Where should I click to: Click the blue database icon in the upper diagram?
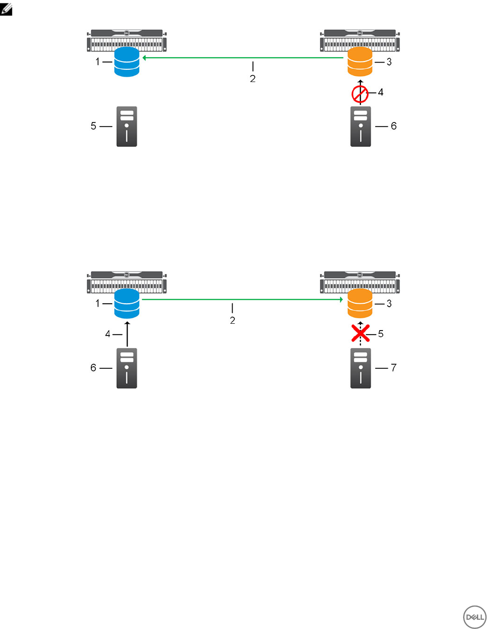(x=127, y=62)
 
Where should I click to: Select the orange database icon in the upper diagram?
(x=360, y=62)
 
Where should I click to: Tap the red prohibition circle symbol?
(x=360, y=94)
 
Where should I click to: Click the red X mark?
(x=360, y=334)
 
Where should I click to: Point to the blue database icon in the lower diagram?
(x=127, y=303)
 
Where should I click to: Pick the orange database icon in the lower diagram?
(x=360, y=303)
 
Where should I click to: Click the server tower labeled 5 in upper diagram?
(x=127, y=126)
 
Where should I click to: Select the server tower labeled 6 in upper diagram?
(x=360, y=126)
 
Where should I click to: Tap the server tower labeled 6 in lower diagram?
(x=127, y=368)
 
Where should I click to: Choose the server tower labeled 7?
(x=360, y=368)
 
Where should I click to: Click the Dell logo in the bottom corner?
(x=474, y=617)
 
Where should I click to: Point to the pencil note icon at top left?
(x=6, y=9)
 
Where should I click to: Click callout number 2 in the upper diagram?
(x=253, y=79)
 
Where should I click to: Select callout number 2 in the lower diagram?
(x=233, y=320)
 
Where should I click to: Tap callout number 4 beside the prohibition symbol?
(x=381, y=92)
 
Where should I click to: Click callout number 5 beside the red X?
(x=381, y=334)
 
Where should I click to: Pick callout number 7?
(x=393, y=368)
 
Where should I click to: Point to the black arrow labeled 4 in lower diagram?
(x=127, y=334)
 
